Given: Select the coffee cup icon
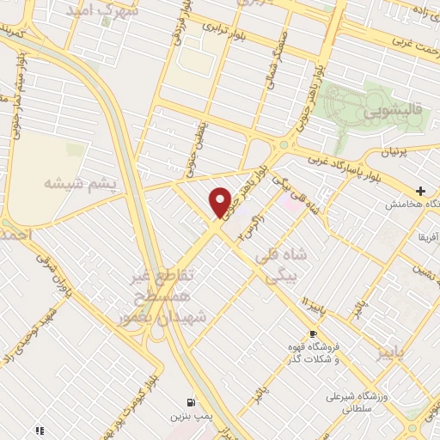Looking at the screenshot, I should pos(314,333).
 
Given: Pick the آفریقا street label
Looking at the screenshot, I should pos(426,235).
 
